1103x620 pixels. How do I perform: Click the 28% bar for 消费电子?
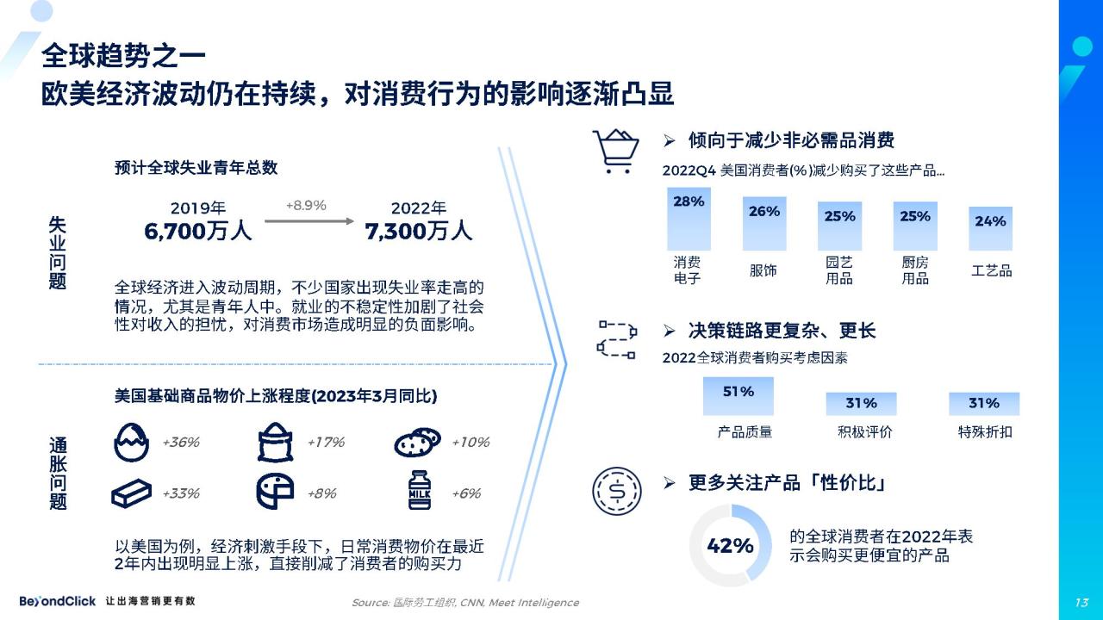click(689, 219)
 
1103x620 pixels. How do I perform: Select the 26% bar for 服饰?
click(764, 224)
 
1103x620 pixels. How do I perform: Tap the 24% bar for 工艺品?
click(990, 229)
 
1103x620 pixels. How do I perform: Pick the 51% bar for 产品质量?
click(738, 396)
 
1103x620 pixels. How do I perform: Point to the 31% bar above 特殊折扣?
click(984, 404)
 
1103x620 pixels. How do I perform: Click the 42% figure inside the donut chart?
click(730, 546)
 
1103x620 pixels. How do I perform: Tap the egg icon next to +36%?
click(131, 443)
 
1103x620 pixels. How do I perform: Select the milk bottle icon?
click(420, 490)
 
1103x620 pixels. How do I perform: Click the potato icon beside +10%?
click(418, 443)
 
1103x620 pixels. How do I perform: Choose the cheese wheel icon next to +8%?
click(275, 491)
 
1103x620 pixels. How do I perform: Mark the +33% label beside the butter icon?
click(181, 493)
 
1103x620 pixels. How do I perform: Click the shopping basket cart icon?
click(615, 151)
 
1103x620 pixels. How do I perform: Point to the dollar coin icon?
click(616, 491)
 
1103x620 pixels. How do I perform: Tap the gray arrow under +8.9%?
click(309, 221)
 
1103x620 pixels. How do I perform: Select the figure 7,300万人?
click(419, 231)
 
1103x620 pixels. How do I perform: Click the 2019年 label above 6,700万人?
click(198, 208)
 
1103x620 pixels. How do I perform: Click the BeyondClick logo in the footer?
click(57, 601)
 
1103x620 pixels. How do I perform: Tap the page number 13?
click(1081, 602)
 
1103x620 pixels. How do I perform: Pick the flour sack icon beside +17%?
click(275, 442)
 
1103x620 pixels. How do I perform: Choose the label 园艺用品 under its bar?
click(839, 270)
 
